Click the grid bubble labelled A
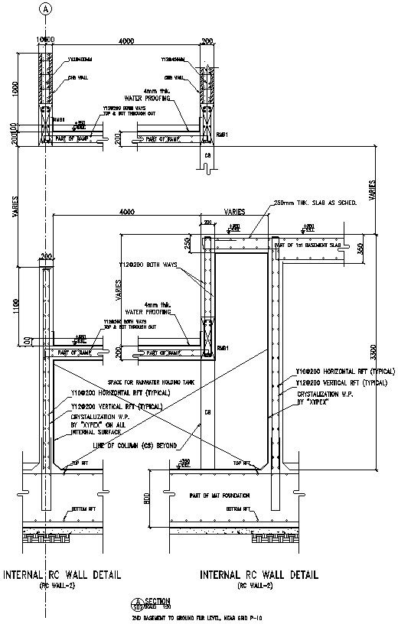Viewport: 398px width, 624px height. pyautogui.click(x=45, y=8)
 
